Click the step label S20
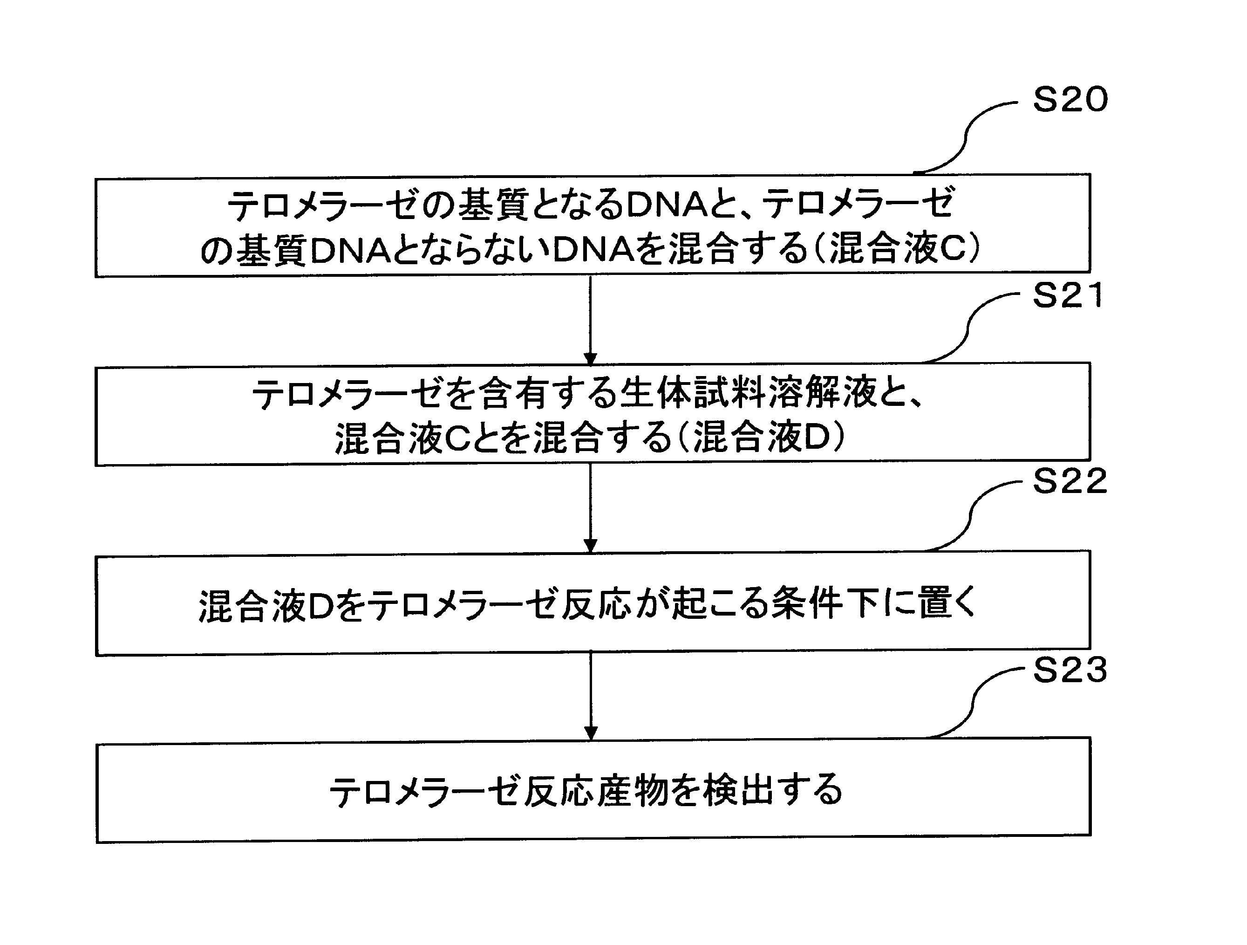click(x=1070, y=100)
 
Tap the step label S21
click(x=1068, y=295)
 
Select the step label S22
click(x=1070, y=481)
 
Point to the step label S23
click(x=1070, y=671)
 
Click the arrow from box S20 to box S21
click(x=590, y=320)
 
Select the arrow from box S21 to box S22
click(x=590, y=508)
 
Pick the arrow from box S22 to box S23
click(x=590, y=696)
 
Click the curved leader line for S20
click(x=966, y=137)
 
